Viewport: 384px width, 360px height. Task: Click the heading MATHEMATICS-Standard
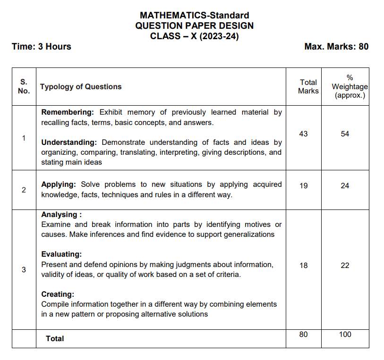coord(194,16)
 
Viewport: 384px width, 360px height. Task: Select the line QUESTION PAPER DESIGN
coord(194,26)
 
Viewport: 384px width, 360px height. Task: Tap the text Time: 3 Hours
coord(42,46)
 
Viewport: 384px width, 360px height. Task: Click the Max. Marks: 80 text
coord(336,46)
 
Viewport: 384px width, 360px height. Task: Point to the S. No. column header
coord(24,86)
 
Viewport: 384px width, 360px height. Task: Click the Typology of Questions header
coord(81,87)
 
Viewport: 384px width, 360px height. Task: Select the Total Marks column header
coord(308,86)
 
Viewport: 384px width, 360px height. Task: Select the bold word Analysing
coord(60,214)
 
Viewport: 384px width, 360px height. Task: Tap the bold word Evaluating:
coord(61,254)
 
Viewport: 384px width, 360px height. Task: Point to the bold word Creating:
coord(58,294)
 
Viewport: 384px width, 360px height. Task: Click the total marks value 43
coord(303,134)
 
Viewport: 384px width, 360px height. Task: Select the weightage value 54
coord(345,134)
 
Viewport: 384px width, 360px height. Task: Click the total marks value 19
coord(303,185)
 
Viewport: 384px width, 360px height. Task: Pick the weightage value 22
coord(345,266)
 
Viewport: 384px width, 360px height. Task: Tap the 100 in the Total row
coord(345,335)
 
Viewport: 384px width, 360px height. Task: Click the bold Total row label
coord(55,339)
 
